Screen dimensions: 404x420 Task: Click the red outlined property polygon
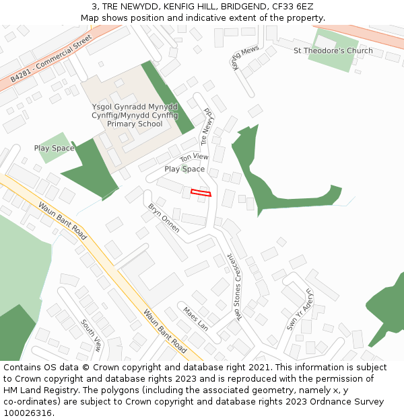(201, 193)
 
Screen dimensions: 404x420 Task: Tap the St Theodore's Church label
(333, 51)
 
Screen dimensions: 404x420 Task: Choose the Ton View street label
(194, 157)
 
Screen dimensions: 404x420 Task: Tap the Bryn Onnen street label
(164, 218)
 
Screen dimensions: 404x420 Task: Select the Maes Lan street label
(195, 318)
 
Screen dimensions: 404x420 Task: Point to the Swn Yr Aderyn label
(300, 309)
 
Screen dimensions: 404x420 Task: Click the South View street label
(91, 335)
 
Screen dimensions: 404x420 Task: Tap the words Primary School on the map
(135, 124)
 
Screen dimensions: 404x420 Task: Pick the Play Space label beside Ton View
(184, 169)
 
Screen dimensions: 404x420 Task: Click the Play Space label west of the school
(54, 148)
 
